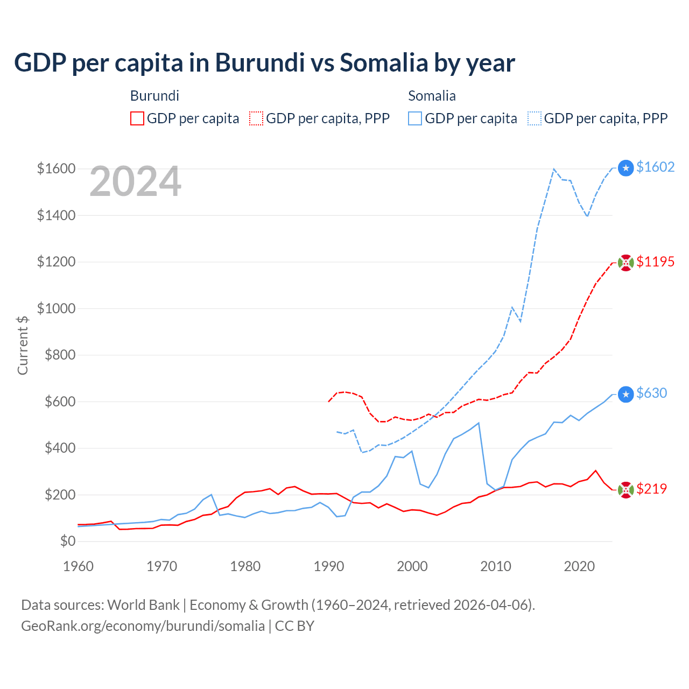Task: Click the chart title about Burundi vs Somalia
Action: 264,63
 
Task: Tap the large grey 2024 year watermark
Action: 135,182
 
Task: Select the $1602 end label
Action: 655,167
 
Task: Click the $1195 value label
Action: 655,262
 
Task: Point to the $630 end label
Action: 651,393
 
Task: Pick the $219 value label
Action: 651,489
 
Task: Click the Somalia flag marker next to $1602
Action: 625,168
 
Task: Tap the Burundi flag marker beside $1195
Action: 625,263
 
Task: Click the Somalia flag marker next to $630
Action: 625,395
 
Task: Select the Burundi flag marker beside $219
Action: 625,490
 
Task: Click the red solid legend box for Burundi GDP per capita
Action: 137,118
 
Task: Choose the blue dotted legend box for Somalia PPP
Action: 535,118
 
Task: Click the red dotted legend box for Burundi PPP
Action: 256,118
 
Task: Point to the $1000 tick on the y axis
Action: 56,308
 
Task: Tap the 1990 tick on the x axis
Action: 328,566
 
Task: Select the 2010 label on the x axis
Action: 495,566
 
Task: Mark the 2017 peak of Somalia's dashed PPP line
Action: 554,169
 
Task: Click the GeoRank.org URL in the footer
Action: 143,626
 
